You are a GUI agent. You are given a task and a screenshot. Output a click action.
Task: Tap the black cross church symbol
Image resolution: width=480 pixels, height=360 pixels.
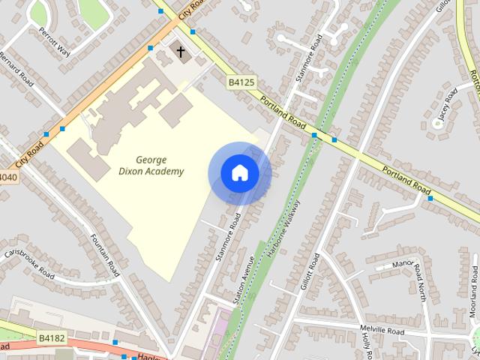click(180, 52)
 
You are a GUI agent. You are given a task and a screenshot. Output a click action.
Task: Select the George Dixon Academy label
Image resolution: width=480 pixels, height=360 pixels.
click(160, 166)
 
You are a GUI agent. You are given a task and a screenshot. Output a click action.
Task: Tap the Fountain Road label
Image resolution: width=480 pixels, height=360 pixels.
click(105, 253)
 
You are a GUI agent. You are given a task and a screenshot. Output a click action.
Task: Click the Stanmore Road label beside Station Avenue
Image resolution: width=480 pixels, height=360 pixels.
click(226, 236)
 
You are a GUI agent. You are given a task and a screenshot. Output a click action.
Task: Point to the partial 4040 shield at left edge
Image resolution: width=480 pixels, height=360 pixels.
click(6, 178)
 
